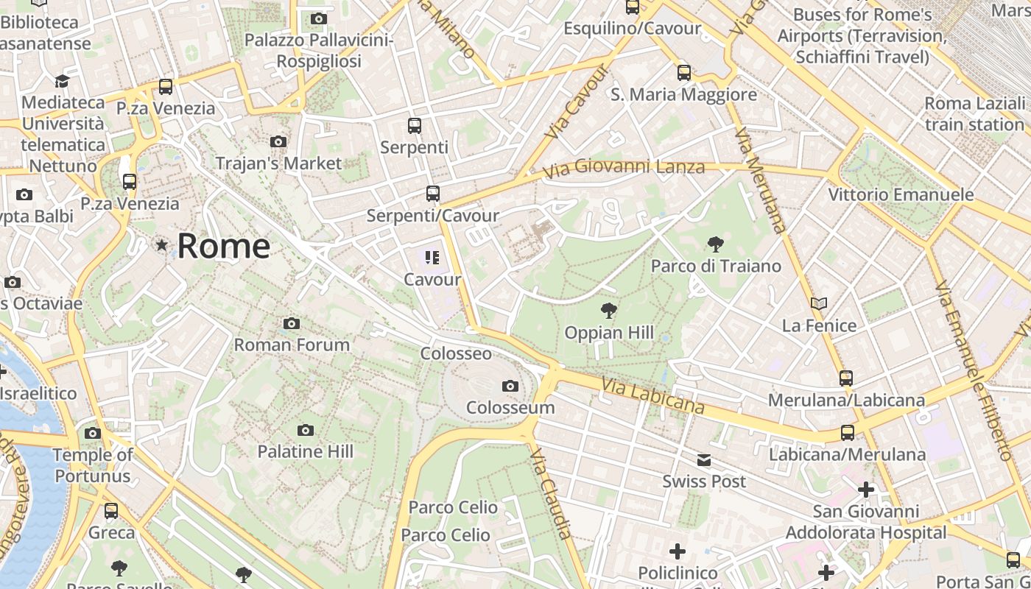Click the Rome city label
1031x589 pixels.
point(223,246)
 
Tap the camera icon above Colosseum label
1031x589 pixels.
point(510,386)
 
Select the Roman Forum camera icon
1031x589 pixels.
point(292,323)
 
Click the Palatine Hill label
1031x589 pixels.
point(305,451)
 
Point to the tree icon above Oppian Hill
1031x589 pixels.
point(608,310)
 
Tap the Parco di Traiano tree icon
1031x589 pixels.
point(715,244)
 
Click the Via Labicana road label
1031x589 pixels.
point(652,396)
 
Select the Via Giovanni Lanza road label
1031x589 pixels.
point(623,169)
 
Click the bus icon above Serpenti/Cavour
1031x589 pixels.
point(433,194)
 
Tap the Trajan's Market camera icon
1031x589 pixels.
point(278,141)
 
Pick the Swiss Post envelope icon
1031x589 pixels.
point(704,460)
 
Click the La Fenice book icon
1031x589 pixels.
point(818,303)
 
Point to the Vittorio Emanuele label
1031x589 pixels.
point(900,195)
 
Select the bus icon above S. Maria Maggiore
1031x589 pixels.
point(684,72)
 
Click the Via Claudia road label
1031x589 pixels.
point(551,492)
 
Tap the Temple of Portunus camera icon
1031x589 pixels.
point(93,433)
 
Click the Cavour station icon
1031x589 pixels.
point(432,257)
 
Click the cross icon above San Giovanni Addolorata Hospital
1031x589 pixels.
point(866,489)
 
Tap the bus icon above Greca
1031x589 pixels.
point(111,510)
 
